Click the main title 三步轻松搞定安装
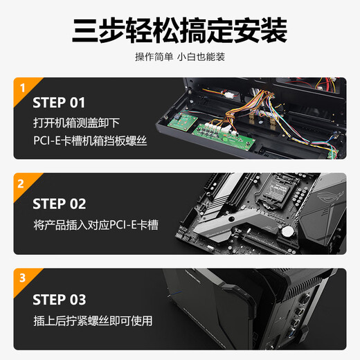[180, 30]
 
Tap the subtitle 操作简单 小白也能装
[180, 57]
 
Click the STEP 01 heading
[59, 103]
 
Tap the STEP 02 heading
[59, 204]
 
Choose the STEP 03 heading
[59, 300]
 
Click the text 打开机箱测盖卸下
[76, 123]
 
